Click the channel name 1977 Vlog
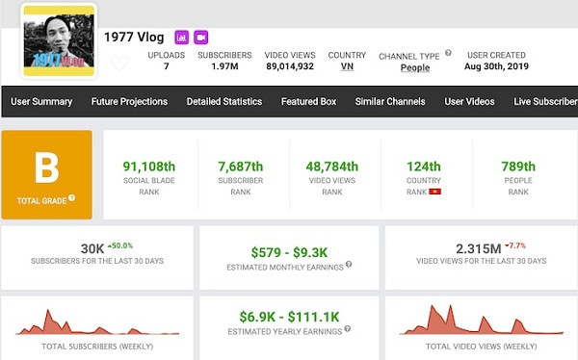tap(135, 37)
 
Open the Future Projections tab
tap(129, 101)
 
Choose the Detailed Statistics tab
tap(224, 101)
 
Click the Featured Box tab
tap(308, 101)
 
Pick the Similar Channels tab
tap(389, 101)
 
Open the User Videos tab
tap(469, 101)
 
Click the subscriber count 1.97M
tap(224, 67)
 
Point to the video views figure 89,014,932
tap(290, 67)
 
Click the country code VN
tap(347, 67)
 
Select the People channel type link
tap(415, 68)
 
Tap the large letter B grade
tap(46, 169)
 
